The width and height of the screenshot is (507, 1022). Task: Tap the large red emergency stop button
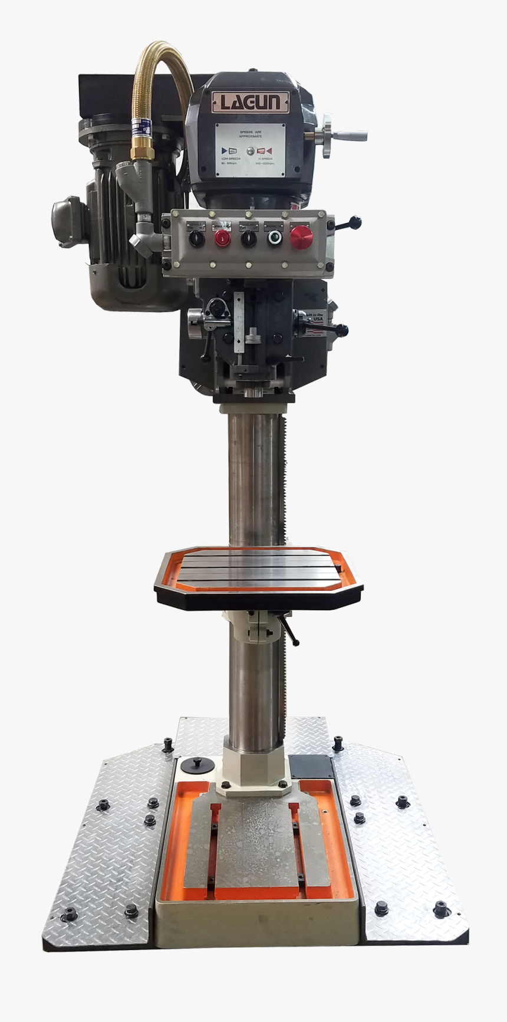301,237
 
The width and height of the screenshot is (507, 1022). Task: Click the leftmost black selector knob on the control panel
196,238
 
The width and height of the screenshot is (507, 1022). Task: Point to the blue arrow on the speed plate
224,151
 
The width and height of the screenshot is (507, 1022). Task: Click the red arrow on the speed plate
269,151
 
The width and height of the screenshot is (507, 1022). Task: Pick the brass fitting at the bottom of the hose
142,152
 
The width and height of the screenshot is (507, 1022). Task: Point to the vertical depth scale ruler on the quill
239,323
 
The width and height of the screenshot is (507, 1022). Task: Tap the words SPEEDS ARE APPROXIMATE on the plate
250,133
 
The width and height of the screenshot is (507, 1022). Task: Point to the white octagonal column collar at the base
254,767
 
